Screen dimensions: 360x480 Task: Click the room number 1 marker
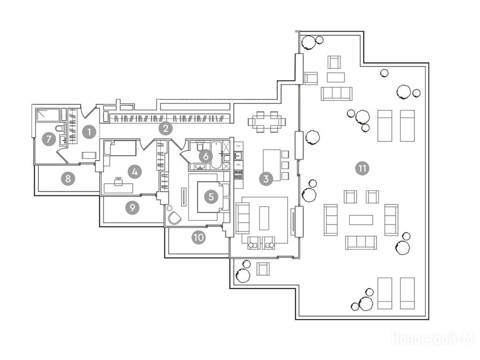pyautogui.click(x=89, y=132)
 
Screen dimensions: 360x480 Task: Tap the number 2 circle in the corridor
pyautogui.click(x=165, y=127)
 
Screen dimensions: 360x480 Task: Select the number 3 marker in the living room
pyautogui.click(x=266, y=178)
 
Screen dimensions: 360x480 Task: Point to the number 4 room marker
pyautogui.click(x=135, y=172)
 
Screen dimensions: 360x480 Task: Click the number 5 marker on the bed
pyautogui.click(x=211, y=197)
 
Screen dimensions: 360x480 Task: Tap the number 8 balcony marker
pyautogui.click(x=68, y=178)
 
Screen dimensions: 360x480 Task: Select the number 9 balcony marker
pyautogui.click(x=132, y=208)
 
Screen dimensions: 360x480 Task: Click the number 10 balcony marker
pyautogui.click(x=199, y=238)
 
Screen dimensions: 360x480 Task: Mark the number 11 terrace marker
pyautogui.click(x=361, y=168)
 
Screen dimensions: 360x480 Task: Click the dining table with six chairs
pyautogui.click(x=267, y=121)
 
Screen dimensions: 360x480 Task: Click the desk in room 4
pyautogui.click(x=119, y=187)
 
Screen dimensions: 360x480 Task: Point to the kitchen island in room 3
pyautogui.click(x=272, y=165)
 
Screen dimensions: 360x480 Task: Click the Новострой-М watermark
pyautogui.click(x=432, y=338)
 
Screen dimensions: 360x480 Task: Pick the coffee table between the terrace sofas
pyautogui.click(x=361, y=219)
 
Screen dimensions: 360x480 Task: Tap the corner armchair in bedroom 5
pyautogui.click(x=174, y=217)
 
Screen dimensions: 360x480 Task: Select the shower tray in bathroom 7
pyautogui.click(x=48, y=114)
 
